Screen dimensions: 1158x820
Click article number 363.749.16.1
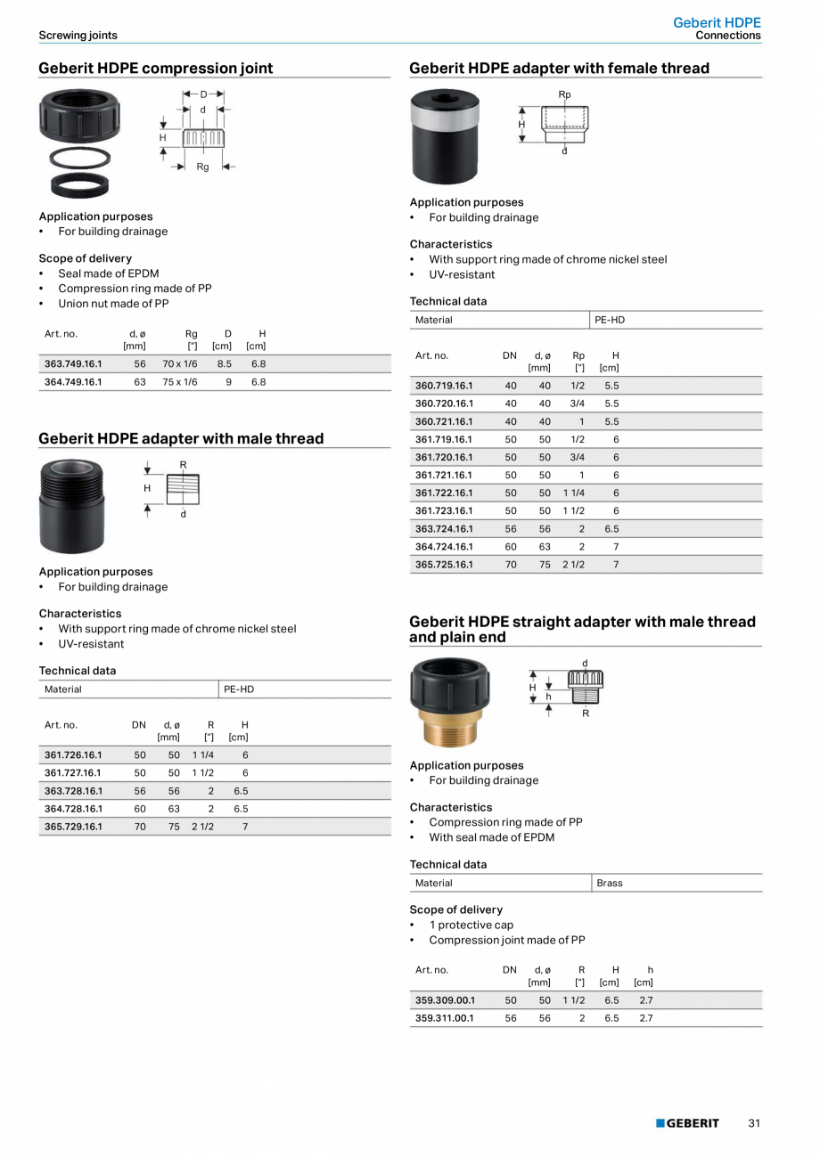73,363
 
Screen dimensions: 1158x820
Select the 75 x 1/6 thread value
180,381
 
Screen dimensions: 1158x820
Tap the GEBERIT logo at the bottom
687,1123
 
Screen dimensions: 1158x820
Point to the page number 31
754,1123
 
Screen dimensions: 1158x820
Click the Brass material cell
610,883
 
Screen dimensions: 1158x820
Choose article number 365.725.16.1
444,564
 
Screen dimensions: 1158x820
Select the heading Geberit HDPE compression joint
156,69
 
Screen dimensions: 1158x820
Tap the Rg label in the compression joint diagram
202,167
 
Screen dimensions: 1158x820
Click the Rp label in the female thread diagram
564,94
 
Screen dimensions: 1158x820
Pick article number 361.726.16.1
73,754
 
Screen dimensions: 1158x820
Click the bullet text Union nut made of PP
113,303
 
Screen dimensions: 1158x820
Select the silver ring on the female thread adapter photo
445,112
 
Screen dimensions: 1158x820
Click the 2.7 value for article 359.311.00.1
645,1017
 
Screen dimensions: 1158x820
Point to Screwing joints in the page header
78,36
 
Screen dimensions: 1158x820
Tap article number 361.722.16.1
444,493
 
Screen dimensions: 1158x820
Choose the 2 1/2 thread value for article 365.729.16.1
202,826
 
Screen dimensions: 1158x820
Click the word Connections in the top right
728,36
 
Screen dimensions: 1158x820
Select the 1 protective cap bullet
471,925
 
